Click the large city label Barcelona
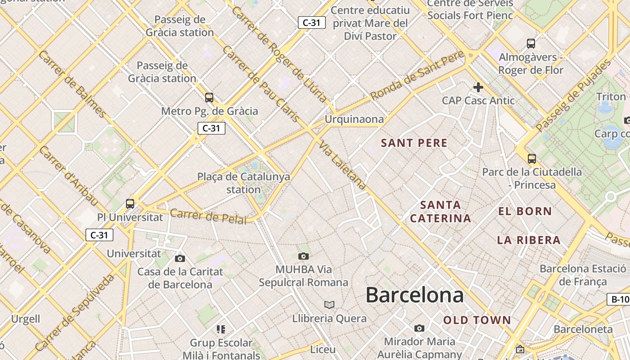pyautogui.click(x=414, y=295)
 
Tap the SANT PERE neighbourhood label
pyautogui.click(x=414, y=143)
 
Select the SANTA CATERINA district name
pyautogui.click(x=441, y=211)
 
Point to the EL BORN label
pyautogui.click(x=525, y=211)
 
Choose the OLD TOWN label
pyautogui.click(x=477, y=320)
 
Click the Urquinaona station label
pyautogui.click(x=354, y=119)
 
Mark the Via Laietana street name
pyautogui.click(x=343, y=166)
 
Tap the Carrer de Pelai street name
pyautogui.click(x=208, y=216)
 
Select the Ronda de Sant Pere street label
pyautogui.click(x=417, y=76)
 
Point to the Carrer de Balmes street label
pyautogui.click(x=72, y=84)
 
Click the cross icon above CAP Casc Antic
pyautogui.click(x=478, y=87)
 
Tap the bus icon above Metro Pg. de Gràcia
pyautogui.click(x=209, y=97)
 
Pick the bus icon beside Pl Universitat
pyautogui.click(x=130, y=203)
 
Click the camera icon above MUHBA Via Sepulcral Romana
pyautogui.click(x=304, y=256)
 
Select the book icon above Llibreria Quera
pyautogui.click(x=329, y=305)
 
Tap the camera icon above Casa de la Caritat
pyautogui.click(x=180, y=258)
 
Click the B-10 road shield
pyautogui.click(x=619, y=299)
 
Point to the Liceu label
pyautogui.click(x=323, y=349)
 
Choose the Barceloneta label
pyautogui.click(x=583, y=329)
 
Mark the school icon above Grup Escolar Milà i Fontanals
pyautogui.click(x=220, y=329)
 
